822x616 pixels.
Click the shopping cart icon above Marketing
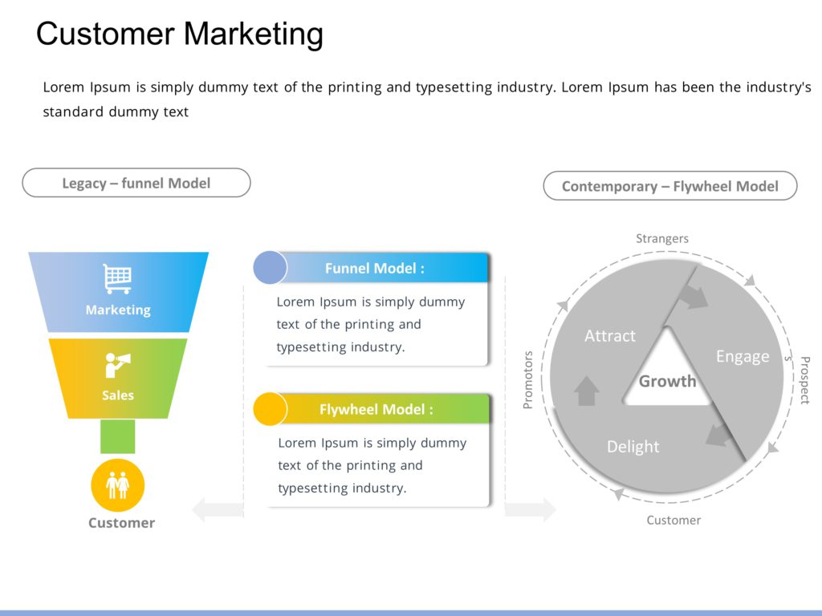117,279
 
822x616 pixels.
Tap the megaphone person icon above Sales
117,366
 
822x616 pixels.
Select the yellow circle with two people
118,485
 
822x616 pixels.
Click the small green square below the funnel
118,436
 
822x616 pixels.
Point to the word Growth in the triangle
667,381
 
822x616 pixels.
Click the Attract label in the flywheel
610,336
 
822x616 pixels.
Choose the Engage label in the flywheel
743,356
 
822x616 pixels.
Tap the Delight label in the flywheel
633,447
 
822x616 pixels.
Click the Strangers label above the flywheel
662,238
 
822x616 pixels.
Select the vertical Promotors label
528,379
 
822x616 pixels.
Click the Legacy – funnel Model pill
136,183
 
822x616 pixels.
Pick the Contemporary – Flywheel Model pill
670,186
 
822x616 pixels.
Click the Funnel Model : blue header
375,269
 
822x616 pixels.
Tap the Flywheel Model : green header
376,409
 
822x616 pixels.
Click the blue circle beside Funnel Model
270,268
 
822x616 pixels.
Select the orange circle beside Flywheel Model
270,409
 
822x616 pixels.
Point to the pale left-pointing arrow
217,509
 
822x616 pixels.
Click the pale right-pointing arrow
530,509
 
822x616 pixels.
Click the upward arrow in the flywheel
588,391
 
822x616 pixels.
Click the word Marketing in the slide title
254,34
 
